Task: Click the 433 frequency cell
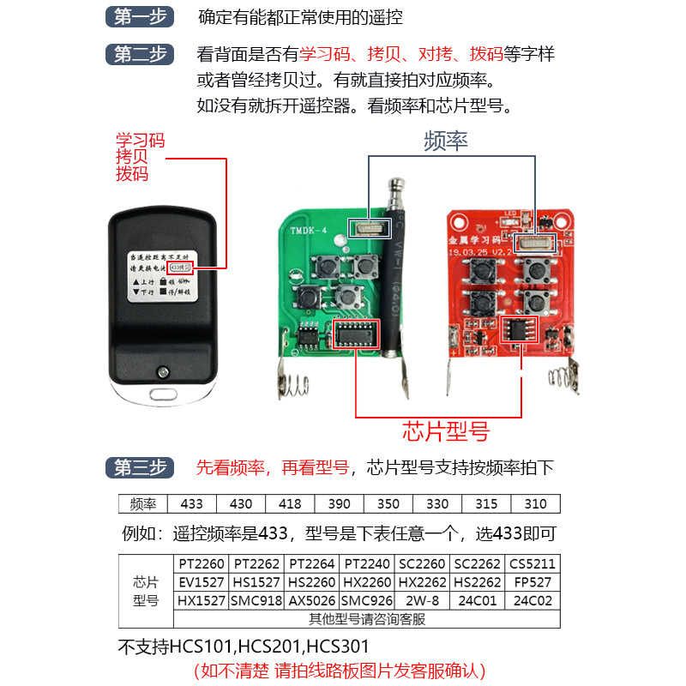pos(192,504)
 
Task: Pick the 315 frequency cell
pos(487,504)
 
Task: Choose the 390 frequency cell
pos(340,504)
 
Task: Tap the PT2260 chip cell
pos(202,564)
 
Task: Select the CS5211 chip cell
pos(533,564)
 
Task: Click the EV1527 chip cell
pos(202,582)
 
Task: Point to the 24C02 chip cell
pos(533,600)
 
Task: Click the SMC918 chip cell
pos(256,600)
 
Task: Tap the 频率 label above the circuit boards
pos(446,141)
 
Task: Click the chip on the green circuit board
pos(352,332)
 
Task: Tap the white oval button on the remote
pos(162,395)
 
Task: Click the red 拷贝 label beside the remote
pos(133,157)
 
